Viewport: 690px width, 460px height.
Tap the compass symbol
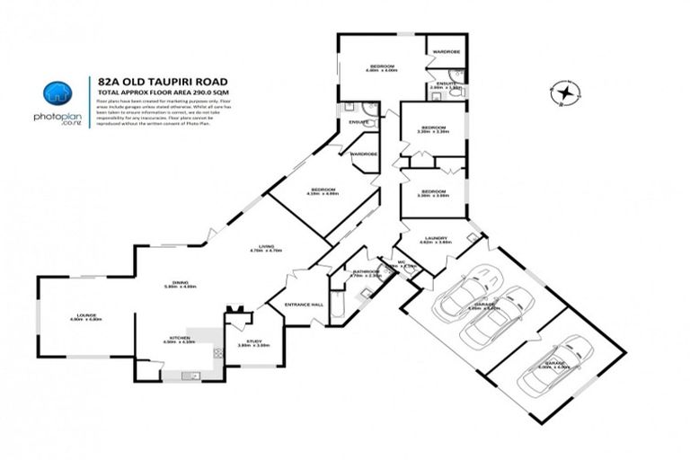tap(565, 93)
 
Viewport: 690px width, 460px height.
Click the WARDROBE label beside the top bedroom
tap(447, 52)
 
